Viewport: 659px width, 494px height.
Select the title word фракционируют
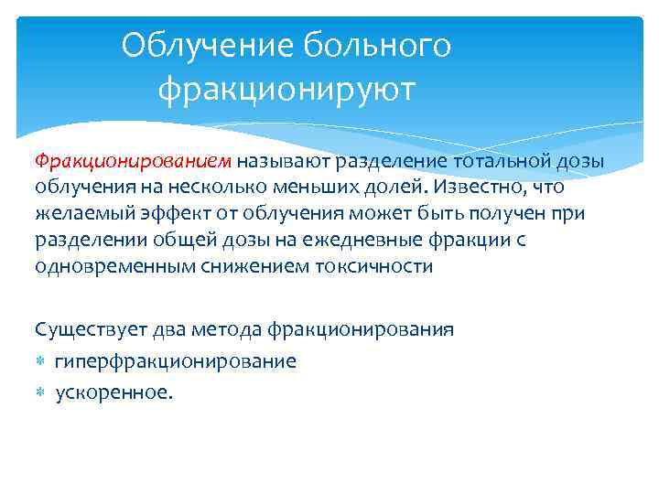[286, 90]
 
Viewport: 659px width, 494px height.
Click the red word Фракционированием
[134, 162]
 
